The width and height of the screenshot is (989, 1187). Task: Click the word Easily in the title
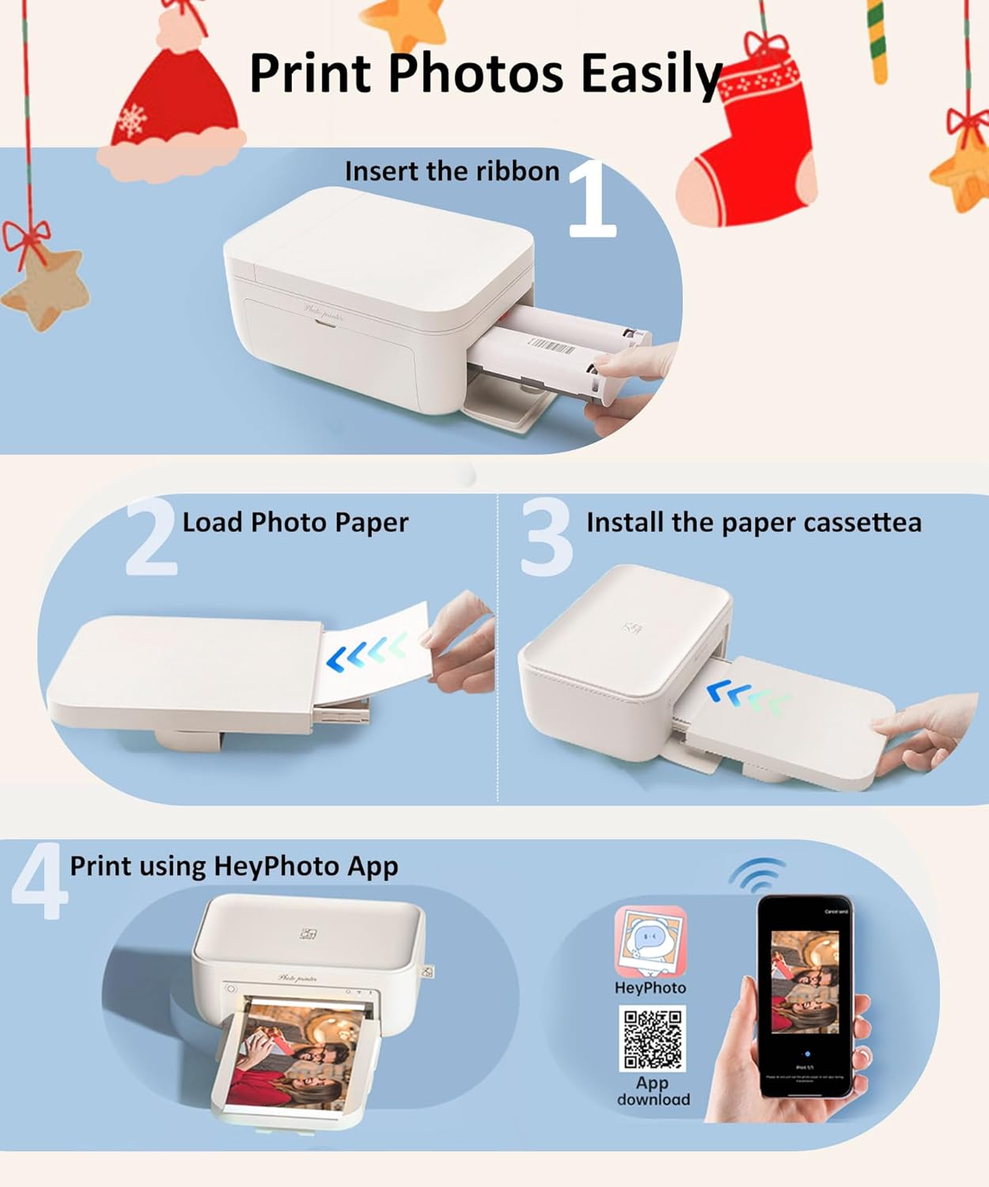(x=650, y=74)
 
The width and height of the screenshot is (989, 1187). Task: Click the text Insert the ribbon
(x=452, y=172)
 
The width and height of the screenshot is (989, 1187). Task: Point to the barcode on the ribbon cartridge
(x=552, y=345)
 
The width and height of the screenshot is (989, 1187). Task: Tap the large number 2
(x=150, y=537)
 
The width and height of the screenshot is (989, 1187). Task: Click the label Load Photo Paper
(x=295, y=523)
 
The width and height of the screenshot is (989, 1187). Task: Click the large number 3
(x=546, y=537)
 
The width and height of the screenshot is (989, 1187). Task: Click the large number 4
(x=38, y=882)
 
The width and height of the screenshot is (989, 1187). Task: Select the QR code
(x=652, y=1038)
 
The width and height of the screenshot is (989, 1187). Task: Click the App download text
(x=653, y=1090)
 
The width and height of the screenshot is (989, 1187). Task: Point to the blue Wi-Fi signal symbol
(x=758, y=874)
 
